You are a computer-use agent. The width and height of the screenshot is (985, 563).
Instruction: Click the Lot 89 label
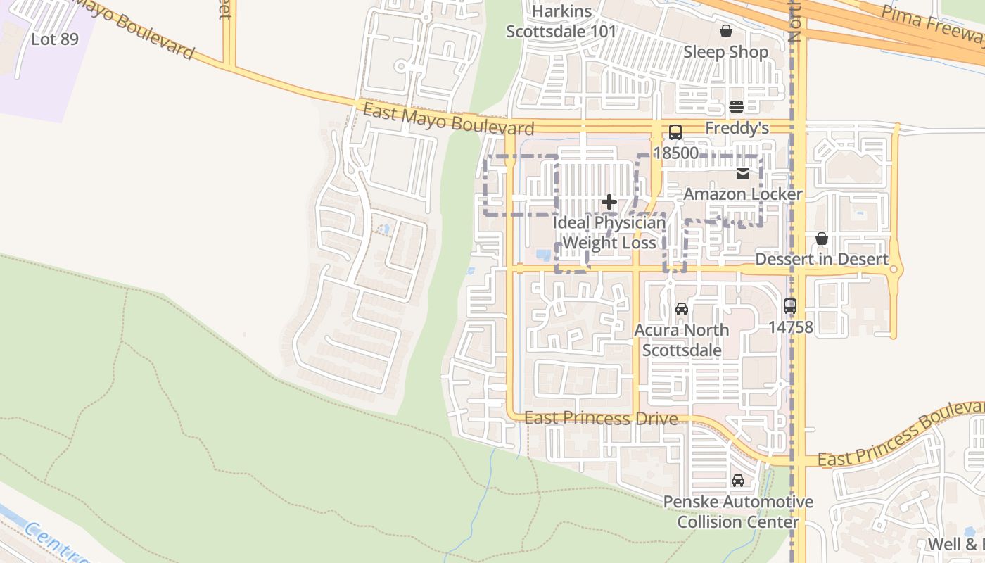(55, 39)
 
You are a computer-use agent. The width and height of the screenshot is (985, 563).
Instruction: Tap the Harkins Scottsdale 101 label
(561, 22)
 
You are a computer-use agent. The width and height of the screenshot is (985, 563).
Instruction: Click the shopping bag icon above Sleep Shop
(725, 31)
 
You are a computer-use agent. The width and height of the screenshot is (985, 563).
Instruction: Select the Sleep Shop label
(725, 52)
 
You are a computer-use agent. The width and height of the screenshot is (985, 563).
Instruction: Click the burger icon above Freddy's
(737, 107)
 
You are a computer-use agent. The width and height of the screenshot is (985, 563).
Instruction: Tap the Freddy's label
(737, 128)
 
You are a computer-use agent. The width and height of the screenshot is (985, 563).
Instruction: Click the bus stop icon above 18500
(675, 132)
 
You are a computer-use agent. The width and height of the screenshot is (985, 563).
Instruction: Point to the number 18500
(675, 153)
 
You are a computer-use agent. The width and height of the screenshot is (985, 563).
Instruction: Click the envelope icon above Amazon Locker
(743, 173)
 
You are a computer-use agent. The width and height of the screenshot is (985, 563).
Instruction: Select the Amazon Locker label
(743, 194)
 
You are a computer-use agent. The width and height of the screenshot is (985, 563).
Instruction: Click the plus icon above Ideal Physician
(609, 203)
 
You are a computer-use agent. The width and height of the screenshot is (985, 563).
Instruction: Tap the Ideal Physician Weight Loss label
(609, 233)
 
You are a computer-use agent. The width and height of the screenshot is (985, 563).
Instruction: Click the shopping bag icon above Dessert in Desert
(821, 239)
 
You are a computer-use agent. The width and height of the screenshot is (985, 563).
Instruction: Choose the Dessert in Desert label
(821, 260)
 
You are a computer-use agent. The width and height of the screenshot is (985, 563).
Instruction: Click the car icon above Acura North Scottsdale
(681, 309)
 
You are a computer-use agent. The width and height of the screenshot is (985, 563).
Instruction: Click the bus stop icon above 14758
(790, 306)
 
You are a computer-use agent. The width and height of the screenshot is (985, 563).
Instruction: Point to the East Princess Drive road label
(601, 419)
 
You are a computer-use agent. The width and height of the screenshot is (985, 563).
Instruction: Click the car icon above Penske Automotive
(737, 481)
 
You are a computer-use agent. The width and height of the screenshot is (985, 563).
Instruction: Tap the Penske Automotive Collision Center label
(737, 512)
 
